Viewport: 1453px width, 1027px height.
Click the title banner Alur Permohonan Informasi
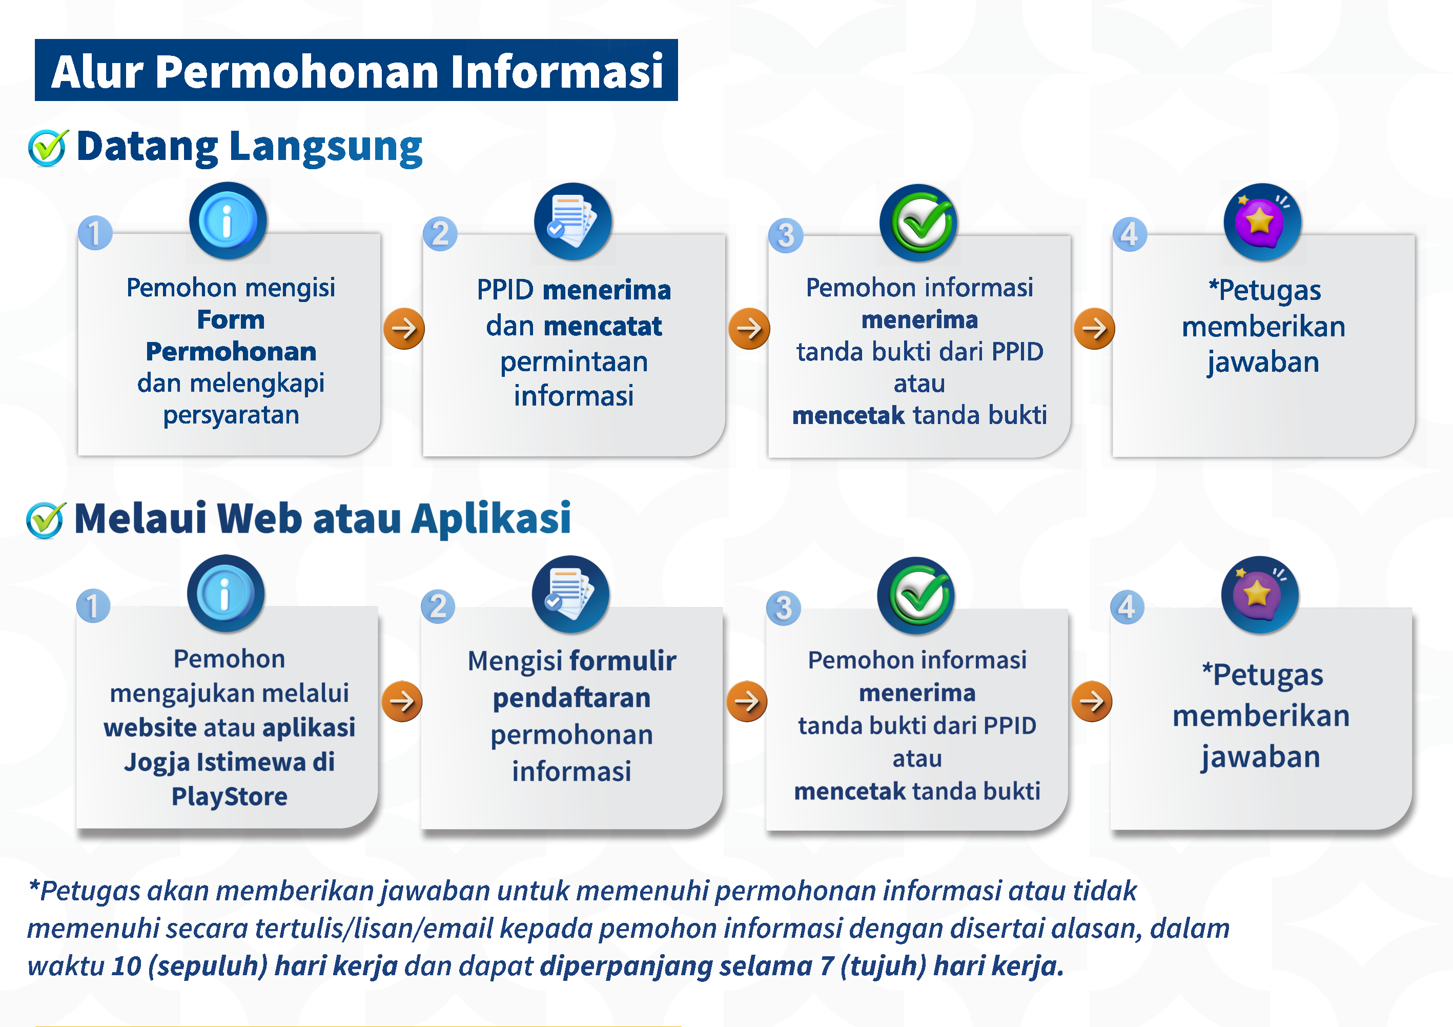(356, 70)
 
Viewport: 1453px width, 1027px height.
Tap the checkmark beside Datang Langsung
(48, 148)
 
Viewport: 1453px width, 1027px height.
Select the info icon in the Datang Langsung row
(228, 221)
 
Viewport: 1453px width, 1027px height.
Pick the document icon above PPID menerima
(572, 221)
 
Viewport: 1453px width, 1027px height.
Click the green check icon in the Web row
(916, 595)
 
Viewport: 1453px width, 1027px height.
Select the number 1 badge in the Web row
(93, 606)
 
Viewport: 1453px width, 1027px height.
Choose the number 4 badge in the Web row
(1127, 607)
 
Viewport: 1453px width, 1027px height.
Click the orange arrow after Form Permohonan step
(404, 329)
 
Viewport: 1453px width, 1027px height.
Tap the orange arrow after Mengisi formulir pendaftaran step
(747, 701)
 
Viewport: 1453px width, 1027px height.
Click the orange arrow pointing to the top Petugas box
(1094, 329)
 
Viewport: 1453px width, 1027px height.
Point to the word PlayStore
(229, 796)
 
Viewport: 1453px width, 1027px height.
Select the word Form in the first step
(231, 320)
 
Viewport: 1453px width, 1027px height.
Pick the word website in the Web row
(150, 728)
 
